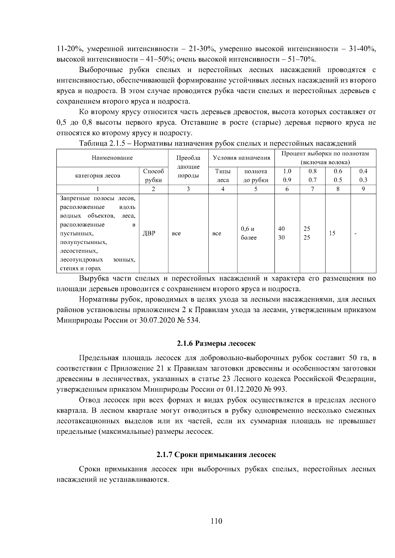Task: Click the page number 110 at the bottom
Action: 216,521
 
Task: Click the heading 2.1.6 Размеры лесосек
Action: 216,344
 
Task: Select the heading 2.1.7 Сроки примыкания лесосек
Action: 216,455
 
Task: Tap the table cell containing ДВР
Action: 149,233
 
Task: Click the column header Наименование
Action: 112,158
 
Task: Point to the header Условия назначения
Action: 242,158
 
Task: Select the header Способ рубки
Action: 154,176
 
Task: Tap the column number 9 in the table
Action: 363,189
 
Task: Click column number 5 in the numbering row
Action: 256,189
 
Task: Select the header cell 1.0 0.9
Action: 287,176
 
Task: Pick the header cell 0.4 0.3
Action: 363,176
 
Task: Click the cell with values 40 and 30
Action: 281,233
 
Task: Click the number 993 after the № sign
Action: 281,389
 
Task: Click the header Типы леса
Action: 223,176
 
